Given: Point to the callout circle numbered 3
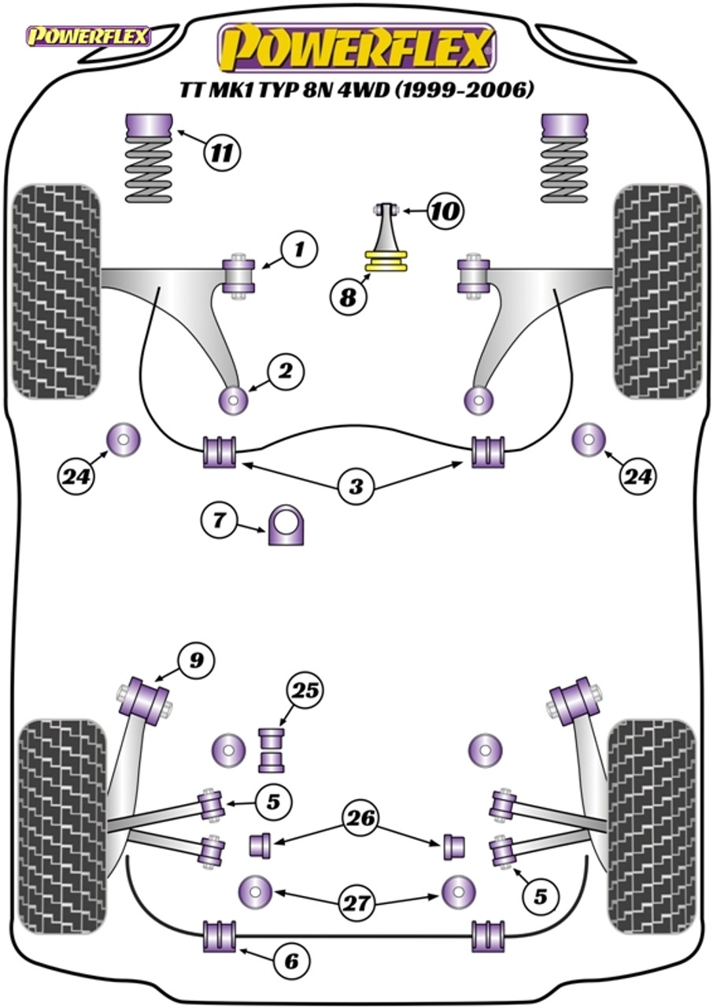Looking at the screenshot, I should (356, 487).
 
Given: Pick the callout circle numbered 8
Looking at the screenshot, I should (349, 296).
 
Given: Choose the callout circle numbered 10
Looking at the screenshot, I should (446, 210).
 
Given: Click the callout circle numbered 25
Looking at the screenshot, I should (306, 691).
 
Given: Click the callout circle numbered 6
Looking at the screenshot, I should (291, 960).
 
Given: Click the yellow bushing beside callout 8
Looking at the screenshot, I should (386, 261).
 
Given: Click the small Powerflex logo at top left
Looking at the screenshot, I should (88, 35).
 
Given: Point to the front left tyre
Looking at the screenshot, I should (57, 291).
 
